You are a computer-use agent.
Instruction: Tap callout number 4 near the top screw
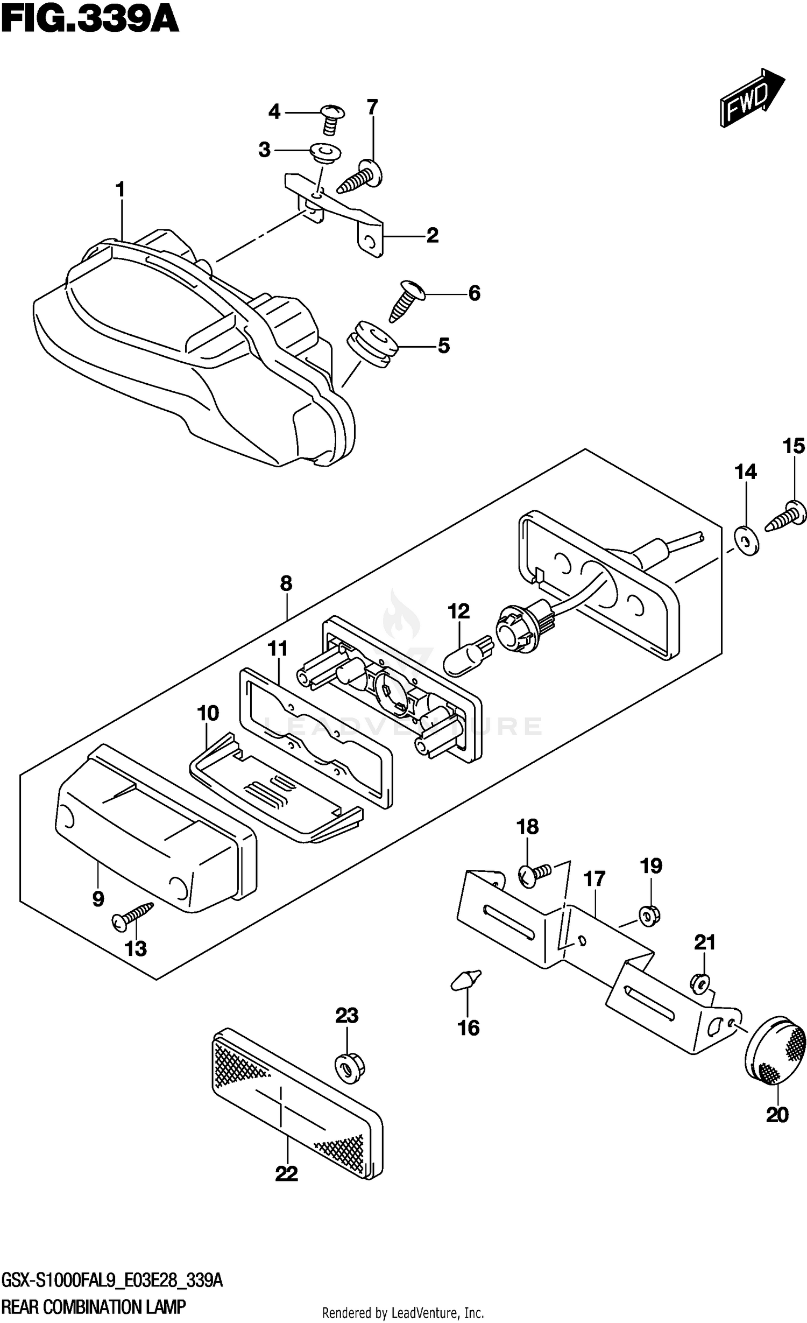(x=274, y=112)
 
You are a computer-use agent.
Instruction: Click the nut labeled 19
(x=649, y=914)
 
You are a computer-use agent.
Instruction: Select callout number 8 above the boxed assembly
(x=286, y=583)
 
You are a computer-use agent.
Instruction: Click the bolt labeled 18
(x=532, y=874)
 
